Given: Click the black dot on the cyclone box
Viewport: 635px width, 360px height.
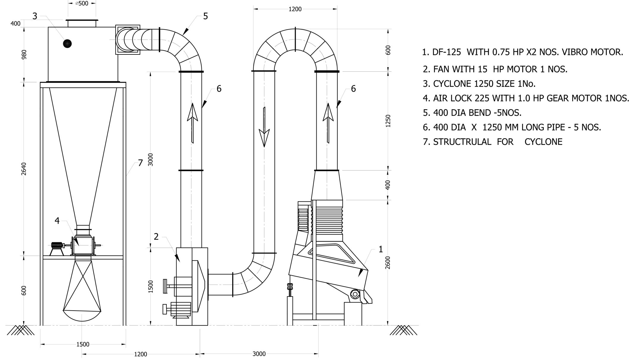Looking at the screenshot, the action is click(x=67, y=44).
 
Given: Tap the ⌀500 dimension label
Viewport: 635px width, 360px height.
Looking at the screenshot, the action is click(x=82, y=4).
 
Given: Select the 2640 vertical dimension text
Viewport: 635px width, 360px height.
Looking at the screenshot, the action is click(x=24, y=169).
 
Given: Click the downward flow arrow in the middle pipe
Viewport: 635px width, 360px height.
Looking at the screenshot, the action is click(x=264, y=127).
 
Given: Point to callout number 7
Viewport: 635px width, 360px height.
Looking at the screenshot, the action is click(x=141, y=163).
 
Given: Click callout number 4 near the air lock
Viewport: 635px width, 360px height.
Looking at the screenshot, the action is click(x=57, y=221).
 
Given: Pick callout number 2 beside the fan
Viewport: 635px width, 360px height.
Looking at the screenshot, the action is click(x=156, y=237).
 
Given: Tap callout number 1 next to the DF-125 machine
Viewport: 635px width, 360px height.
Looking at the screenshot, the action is click(x=381, y=249).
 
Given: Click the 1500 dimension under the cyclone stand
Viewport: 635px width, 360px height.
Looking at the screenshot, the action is click(x=83, y=344).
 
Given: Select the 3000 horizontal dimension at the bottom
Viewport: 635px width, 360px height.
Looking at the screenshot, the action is click(x=259, y=354).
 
